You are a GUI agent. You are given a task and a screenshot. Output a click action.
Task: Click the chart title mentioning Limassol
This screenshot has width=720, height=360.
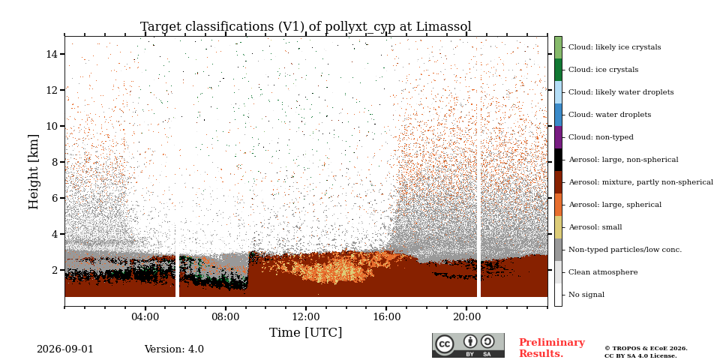306,27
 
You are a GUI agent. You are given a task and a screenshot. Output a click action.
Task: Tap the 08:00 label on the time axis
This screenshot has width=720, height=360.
226,316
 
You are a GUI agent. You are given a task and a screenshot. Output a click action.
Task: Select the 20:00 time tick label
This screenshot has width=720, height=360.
466,316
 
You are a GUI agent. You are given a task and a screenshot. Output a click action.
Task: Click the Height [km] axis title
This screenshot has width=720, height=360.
34,172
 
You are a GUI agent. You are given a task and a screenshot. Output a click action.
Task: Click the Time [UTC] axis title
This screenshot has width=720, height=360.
306,332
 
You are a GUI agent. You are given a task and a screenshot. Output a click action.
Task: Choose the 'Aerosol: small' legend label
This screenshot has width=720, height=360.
595,227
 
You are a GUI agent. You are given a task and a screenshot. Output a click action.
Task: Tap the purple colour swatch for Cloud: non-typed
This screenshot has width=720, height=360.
558,137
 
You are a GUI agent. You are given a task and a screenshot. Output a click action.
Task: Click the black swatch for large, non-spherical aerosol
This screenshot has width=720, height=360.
558,160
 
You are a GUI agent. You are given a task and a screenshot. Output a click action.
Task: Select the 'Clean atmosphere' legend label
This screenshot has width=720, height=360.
603,272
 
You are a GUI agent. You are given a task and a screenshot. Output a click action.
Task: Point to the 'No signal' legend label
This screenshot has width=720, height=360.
586,295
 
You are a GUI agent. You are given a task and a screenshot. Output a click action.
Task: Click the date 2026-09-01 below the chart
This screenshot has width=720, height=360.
64,349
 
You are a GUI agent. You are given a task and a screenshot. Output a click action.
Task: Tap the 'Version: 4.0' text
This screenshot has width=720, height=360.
174,349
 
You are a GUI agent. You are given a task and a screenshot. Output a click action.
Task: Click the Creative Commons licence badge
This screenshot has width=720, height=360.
468,345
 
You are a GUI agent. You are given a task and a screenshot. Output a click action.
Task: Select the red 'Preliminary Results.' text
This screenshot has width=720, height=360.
552,348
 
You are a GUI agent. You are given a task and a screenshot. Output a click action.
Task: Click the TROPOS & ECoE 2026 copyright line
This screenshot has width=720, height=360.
646,349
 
